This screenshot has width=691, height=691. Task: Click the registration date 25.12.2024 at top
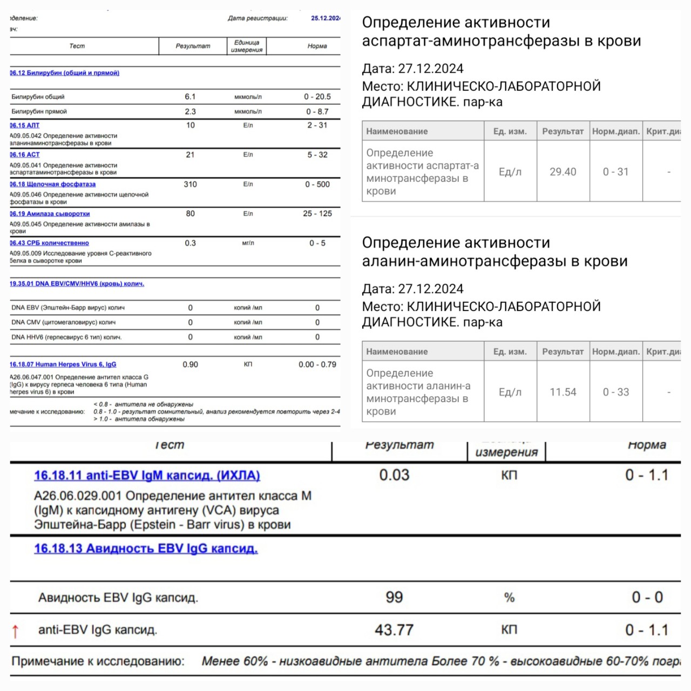325,18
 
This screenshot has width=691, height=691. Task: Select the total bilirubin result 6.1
190,97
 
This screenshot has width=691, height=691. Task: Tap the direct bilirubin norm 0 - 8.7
317,111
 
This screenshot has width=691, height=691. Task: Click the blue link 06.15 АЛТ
25,125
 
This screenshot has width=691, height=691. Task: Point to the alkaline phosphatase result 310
190,184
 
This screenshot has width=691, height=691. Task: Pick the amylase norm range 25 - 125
317,213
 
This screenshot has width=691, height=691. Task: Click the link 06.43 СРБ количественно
49,243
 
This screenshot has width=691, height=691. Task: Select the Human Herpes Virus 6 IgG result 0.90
190,364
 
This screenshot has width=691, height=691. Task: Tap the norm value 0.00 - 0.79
317,364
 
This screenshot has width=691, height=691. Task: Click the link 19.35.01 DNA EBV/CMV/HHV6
77,283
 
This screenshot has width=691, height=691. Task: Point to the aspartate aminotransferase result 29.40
563,172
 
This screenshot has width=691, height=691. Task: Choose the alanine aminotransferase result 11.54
563,392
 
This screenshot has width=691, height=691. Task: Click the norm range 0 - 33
615,392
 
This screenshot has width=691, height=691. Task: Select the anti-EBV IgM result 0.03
394,475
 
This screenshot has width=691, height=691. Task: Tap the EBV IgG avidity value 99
394,597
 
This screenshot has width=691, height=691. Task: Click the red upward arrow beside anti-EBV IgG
15,631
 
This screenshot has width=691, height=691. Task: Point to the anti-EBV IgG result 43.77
394,630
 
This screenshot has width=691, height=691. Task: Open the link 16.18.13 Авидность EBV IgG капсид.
146,548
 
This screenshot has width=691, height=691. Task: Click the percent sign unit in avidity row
509,598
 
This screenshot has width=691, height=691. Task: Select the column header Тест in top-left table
77,46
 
